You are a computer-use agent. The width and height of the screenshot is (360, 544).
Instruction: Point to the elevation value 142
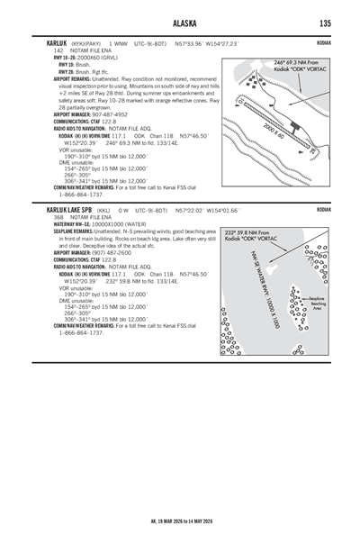[59, 50]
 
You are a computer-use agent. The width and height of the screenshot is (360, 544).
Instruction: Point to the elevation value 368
[59, 217]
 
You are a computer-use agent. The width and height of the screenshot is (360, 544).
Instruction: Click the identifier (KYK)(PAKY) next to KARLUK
[87, 43]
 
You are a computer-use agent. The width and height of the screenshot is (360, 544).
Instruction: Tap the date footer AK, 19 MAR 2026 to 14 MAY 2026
[180, 520]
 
